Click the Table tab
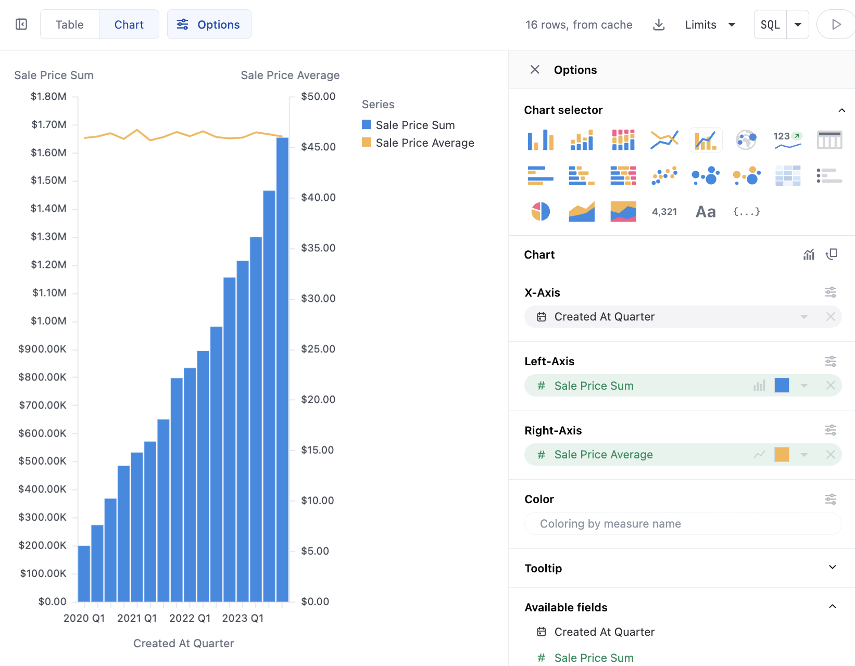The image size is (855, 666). [69, 24]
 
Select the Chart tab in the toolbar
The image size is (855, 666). [129, 24]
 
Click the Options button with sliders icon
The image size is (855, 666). [209, 24]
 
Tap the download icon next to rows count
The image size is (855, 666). [659, 24]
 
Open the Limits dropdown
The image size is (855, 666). [710, 24]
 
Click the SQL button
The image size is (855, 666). [770, 24]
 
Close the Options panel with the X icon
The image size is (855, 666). [535, 70]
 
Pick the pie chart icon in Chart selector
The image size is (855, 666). [540, 211]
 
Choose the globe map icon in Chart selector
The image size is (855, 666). [746, 140]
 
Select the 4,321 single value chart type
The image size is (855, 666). [664, 211]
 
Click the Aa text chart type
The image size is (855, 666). [706, 211]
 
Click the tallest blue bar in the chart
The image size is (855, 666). [282, 364]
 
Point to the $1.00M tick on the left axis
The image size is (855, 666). [49, 321]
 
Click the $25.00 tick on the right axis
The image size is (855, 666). [318, 349]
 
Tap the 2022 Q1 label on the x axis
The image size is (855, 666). [190, 618]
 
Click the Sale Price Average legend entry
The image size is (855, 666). [424, 143]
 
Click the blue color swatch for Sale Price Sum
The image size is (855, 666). [782, 386]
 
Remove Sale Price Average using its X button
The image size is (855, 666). [831, 455]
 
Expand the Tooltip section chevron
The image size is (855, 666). [832, 568]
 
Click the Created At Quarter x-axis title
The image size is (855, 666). [183, 644]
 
